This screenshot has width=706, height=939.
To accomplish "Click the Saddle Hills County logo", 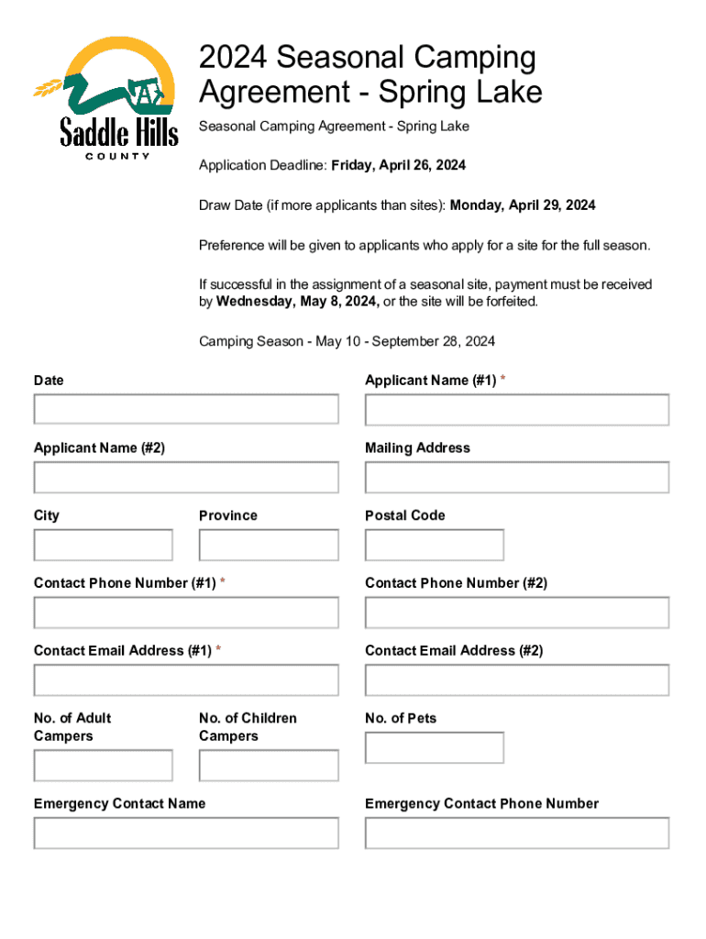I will pos(106,97).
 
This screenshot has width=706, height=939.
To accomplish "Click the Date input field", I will pos(186,409).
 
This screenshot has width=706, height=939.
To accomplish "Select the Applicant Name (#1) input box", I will pos(517,409).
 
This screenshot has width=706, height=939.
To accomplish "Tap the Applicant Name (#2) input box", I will pos(186,477).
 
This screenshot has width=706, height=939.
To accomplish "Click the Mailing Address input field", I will pos(517,477).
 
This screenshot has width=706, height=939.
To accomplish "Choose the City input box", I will pos(103,545).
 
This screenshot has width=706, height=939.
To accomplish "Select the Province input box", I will pos(269,545).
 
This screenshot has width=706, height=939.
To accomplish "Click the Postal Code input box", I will pos(435,545).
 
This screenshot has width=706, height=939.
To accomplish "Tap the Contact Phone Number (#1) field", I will pos(186,613).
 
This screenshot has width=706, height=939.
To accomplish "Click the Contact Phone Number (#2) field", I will pos(517,613).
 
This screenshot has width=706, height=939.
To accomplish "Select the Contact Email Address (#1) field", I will pos(186,680).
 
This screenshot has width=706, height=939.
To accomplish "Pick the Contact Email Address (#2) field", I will pos(517,680).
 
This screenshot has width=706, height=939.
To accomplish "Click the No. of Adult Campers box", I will pos(103,766).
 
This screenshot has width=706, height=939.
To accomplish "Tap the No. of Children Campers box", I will pos(269,766).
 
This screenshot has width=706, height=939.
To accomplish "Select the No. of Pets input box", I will pos(435,747).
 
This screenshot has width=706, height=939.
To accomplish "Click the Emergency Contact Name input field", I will pos(186,834).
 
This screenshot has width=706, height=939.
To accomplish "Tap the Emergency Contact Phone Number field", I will pos(517,834).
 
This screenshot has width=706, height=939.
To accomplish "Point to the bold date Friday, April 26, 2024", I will pos(399,165).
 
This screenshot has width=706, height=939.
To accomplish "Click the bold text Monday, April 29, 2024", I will pos(523,205).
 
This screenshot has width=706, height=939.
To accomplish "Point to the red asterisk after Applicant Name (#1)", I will pos(502,380).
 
